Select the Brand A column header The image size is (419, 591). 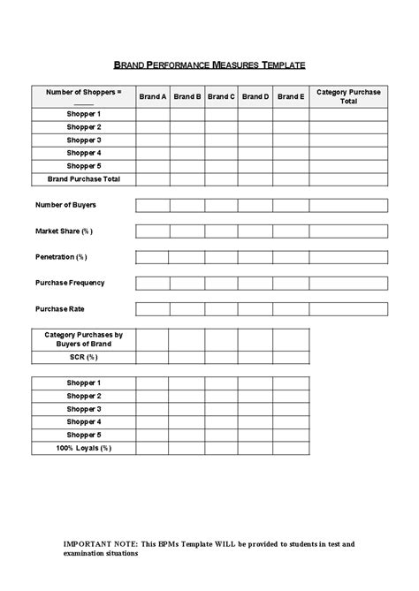153,97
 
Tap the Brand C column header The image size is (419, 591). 221,97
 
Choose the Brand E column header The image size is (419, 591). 290,97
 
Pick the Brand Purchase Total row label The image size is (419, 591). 83,179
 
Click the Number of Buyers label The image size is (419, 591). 66,205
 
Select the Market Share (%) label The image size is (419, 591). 64,231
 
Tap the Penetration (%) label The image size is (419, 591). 62,257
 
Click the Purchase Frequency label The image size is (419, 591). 70,283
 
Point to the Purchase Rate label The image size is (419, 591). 60,309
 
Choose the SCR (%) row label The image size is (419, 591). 83,358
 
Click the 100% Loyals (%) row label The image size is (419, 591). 83,449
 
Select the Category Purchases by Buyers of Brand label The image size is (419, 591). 83,339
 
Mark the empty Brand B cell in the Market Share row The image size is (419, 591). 187,231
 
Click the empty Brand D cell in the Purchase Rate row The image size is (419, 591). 255,309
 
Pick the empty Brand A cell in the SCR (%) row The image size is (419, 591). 153,358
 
